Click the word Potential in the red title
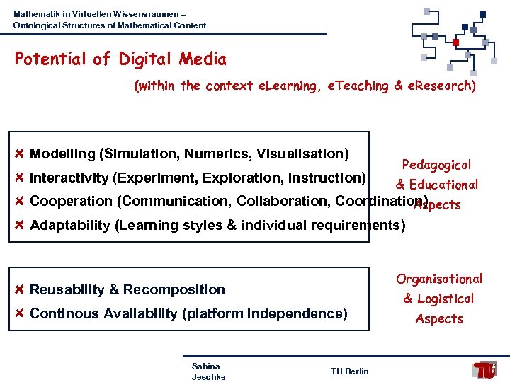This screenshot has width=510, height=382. tap(51, 59)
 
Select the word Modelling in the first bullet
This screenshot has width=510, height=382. tap(62, 154)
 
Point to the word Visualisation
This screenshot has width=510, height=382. tap(302, 154)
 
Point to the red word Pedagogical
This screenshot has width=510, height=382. tap(436, 166)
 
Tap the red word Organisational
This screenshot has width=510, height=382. tap(439, 279)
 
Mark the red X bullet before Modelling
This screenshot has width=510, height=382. tap(20, 154)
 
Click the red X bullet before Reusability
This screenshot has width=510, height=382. tap(20, 289)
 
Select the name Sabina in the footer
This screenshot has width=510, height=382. tap(205, 366)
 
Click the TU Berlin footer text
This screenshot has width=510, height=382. tap(349, 371)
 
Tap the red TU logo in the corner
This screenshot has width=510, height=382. tap(485, 369)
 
